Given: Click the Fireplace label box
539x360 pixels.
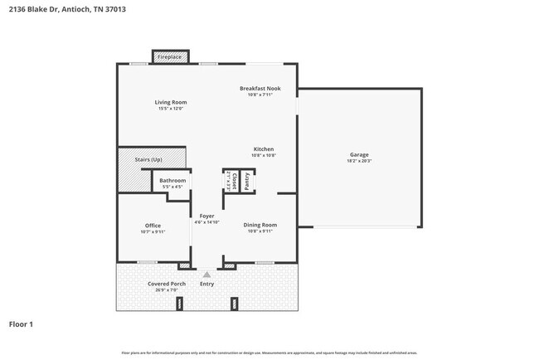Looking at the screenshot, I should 171,57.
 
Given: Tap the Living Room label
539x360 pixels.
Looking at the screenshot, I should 170,102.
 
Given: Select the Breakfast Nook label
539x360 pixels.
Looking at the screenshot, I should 260,88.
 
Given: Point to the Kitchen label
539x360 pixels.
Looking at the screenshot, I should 264,149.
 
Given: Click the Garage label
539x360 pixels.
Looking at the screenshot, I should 359,154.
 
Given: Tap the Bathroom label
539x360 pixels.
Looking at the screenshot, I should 172,180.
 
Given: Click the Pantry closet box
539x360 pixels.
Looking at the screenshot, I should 247,181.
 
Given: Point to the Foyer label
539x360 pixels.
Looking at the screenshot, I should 206,216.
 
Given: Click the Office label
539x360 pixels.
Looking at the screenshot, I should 153,225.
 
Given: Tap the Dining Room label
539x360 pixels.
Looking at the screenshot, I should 260,225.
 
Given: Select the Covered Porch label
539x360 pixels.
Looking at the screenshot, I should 167,284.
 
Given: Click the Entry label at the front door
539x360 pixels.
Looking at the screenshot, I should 206,284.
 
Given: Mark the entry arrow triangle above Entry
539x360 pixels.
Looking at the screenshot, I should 206,273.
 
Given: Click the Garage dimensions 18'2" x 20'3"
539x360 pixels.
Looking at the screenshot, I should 359,161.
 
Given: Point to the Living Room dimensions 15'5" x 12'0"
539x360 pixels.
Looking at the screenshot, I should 170,109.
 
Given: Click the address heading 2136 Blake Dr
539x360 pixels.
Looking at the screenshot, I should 62,10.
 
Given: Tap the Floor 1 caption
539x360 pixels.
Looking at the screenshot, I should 21,324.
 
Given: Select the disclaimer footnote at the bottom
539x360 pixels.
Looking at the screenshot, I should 269,353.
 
